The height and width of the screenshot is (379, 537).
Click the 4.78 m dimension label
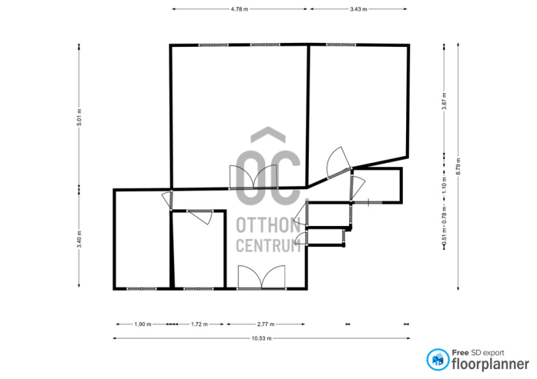click(x=240, y=9)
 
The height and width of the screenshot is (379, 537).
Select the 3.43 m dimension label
click(x=358, y=9)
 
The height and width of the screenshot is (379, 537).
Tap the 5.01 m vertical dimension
click(x=79, y=117)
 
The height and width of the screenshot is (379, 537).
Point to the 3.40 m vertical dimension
click(x=79, y=239)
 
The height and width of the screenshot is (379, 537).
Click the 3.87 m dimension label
click(x=444, y=101)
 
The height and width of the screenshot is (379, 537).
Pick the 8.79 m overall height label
click(x=458, y=166)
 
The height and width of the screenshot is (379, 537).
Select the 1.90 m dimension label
click(x=143, y=324)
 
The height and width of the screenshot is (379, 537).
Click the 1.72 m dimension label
click(x=199, y=324)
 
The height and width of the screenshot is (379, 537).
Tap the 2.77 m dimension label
click(x=266, y=324)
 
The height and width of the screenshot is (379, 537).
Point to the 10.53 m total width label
click(x=262, y=339)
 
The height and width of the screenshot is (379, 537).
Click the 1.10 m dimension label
click(x=444, y=185)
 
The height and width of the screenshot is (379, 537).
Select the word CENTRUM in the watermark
click(x=268, y=245)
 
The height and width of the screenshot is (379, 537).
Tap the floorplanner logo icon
click(x=438, y=360)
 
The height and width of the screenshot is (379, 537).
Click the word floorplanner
click(x=491, y=364)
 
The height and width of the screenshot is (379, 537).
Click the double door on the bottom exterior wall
click(x=262, y=277)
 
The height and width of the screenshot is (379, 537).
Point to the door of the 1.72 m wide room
click(x=200, y=217)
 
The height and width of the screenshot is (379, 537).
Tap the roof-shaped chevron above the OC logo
click(x=268, y=134)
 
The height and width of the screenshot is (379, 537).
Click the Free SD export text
click(x=478, y=353)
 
